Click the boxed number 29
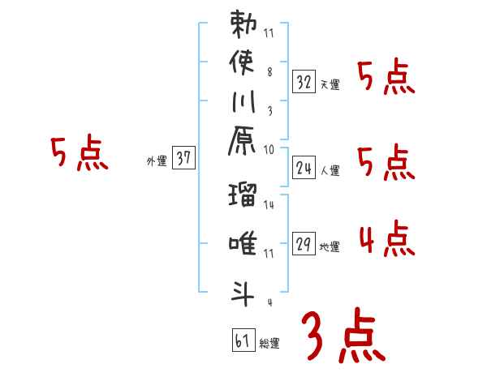tap(304, 244)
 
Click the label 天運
tap(330, 84)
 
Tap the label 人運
tap(330, 171)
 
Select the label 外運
tap(157, 162)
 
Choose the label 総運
tap(269, 344)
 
